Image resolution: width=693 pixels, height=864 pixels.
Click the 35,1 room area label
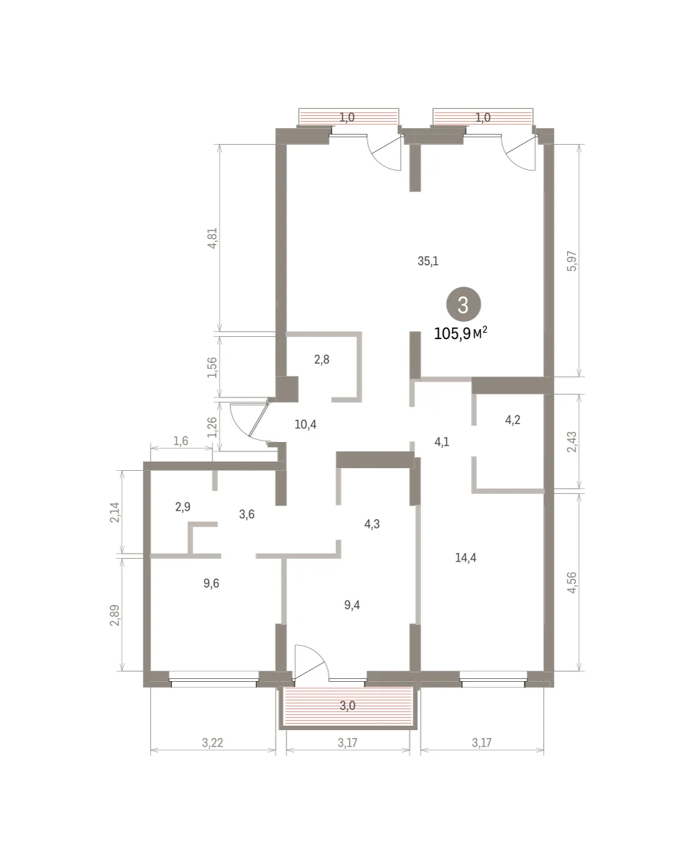click(x=427, y=261)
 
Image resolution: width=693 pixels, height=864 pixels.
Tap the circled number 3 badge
click(x=463, y=305)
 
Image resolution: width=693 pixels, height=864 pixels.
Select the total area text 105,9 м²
click(x=461, y=333)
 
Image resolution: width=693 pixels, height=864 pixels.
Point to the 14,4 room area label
click(x=466, y=557)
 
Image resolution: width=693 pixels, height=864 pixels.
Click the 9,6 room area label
click(x=211, y=583)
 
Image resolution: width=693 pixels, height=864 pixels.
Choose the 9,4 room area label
click(x=352, y=605)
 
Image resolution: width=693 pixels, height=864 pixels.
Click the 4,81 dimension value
click(x=212, y=238)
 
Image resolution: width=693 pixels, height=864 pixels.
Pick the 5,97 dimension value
click(x=571, y=261)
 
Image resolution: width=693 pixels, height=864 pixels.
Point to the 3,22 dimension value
click(x=212, y=743)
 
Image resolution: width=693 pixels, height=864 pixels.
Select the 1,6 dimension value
click(x=181, y=441)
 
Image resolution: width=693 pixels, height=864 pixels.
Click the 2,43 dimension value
click(x=571, y=441)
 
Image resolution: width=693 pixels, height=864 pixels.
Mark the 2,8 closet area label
click(x=322, y=359)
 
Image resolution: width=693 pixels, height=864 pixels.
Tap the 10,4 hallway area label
click(x=305, y=424)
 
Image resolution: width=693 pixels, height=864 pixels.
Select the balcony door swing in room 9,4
click(x=312, y=662)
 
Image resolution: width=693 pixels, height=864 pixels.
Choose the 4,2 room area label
click(x=512, y=420)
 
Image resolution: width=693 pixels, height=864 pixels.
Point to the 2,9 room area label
click(x=183, y=507)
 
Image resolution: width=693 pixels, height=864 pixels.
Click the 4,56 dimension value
click(x=571, y=582)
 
